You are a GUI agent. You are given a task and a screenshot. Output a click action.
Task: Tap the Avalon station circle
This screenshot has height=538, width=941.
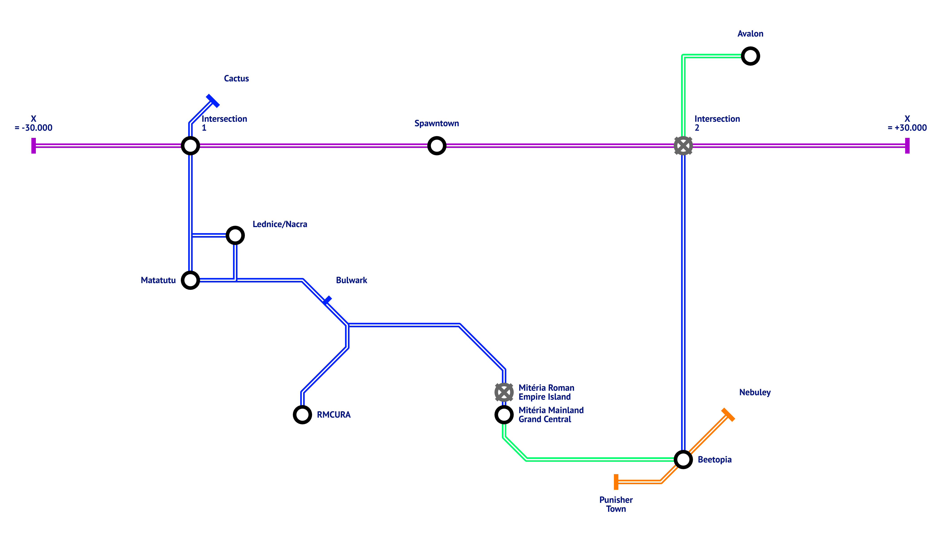coord(750,56)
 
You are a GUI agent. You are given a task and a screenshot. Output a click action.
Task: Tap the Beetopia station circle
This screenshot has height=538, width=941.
coord(683,460)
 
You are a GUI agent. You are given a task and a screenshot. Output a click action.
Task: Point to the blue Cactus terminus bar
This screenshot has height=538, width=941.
coord(213,101)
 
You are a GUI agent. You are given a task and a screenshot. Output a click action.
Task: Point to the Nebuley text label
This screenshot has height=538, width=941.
coord(755,393)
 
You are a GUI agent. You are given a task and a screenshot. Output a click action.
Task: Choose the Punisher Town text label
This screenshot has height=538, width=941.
coord(616,504)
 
